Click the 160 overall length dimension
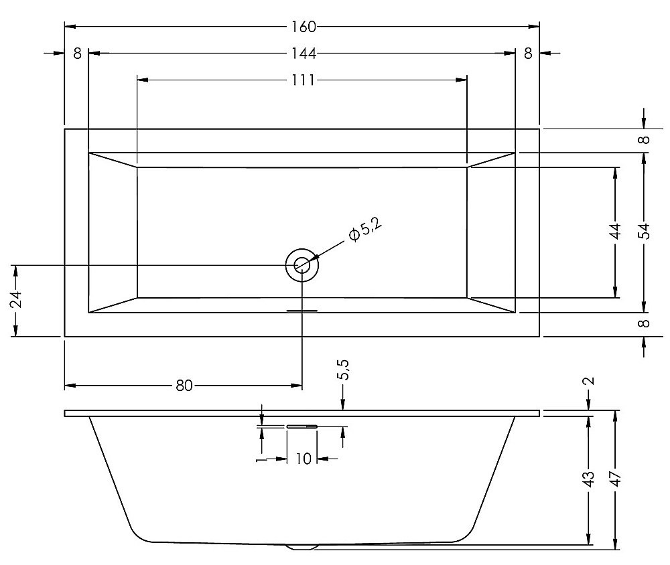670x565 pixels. [304, 27]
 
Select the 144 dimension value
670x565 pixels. [304, 54]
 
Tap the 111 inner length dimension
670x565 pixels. [304, 80]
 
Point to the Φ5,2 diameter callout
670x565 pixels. [365, 230]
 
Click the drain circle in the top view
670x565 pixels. [302, 265]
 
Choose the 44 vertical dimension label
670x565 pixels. [615, 232]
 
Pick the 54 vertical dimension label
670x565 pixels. [645, 232]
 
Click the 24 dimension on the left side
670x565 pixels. [16, 300]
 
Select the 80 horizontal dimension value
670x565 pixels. [184, 386]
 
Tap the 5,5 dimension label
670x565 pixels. [344, 370]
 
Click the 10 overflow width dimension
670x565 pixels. [304, 459]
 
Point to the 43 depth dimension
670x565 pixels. [589, 479]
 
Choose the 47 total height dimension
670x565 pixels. [615, 479]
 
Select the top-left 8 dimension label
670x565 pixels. [77, 54]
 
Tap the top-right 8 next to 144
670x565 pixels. [528, 54]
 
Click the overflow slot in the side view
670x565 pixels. [302, 426]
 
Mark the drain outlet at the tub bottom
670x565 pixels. [303, 547]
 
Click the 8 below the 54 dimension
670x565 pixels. [645, 323]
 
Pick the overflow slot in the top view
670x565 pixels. [302, 311]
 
